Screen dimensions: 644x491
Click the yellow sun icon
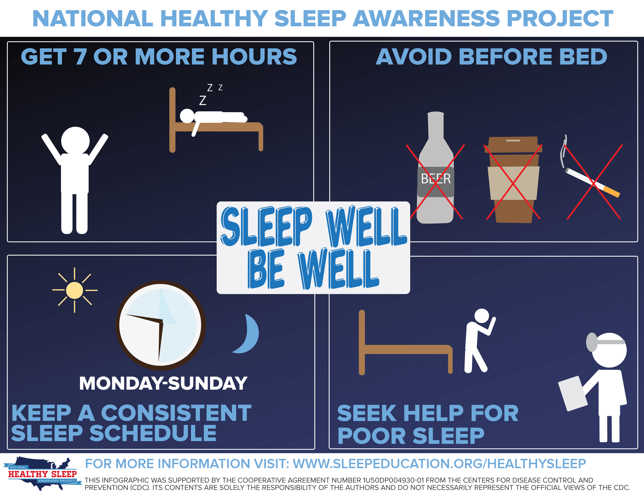(x=75, y=290)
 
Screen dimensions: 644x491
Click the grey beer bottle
(x=435, y=168)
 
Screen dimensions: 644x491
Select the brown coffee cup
(x=513, y=180)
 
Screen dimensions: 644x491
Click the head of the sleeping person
(x=187, y=116)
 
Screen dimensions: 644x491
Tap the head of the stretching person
(x=75, y=141)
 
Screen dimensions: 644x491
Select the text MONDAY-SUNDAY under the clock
(x=163, y=383)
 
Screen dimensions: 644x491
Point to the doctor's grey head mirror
(x=592, y=342)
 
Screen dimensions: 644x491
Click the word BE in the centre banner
(x=266, y=268)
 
